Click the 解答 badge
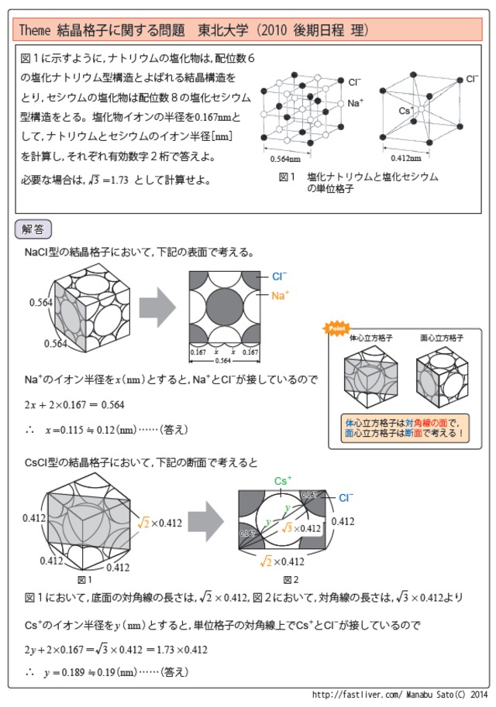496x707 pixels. [33, 229]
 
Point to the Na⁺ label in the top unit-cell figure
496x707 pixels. [356, 103]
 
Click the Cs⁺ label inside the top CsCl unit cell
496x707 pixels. [405, 111]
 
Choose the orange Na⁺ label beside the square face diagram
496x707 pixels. [280, 295]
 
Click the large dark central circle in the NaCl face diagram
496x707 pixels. [226, 307]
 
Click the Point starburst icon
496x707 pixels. [336, 328]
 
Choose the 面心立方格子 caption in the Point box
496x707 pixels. [442, 338]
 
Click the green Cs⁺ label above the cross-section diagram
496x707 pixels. [283, 480]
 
